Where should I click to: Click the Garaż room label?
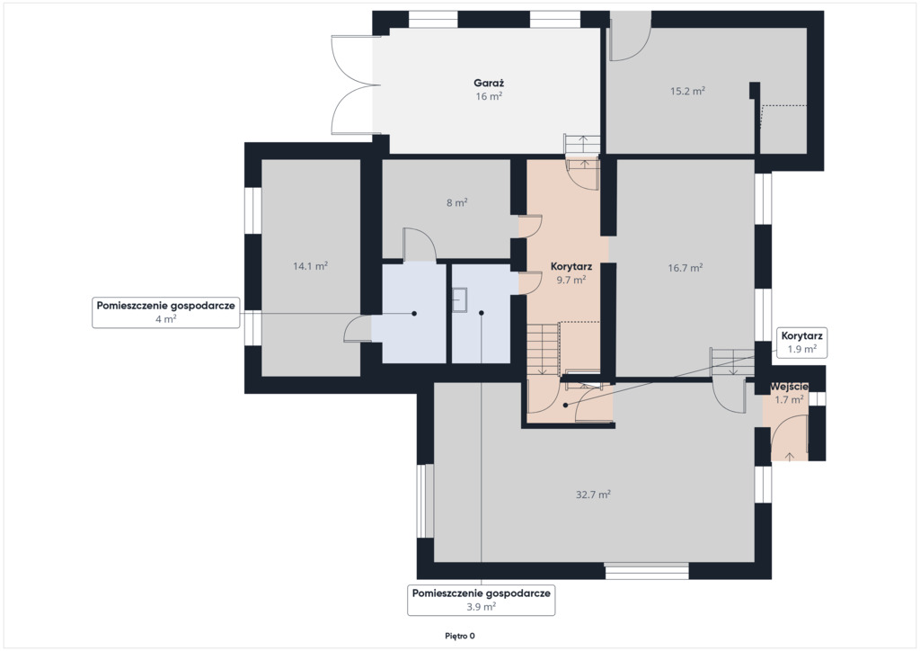point(489,84)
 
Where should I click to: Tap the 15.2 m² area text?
point(687,91)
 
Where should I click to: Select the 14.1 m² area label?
point(310,266)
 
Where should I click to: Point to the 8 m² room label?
point(457,202)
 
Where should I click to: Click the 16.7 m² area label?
point(686,268)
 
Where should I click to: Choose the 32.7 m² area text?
point(593,495)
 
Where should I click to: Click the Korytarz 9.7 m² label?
point(571,273)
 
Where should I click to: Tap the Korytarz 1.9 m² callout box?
point(802,343)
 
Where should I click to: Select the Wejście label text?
point(789,387)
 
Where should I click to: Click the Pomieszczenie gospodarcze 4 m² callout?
point(166,312)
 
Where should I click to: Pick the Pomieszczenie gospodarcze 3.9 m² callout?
point(482,600)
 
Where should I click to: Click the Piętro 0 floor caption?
point(460,636)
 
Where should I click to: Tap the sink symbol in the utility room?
point(459,300)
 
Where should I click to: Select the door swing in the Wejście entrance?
point(790,437)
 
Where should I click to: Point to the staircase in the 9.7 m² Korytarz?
point(543,349)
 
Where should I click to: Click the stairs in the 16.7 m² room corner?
point(732,361)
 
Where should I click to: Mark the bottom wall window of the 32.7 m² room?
point(647,571)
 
